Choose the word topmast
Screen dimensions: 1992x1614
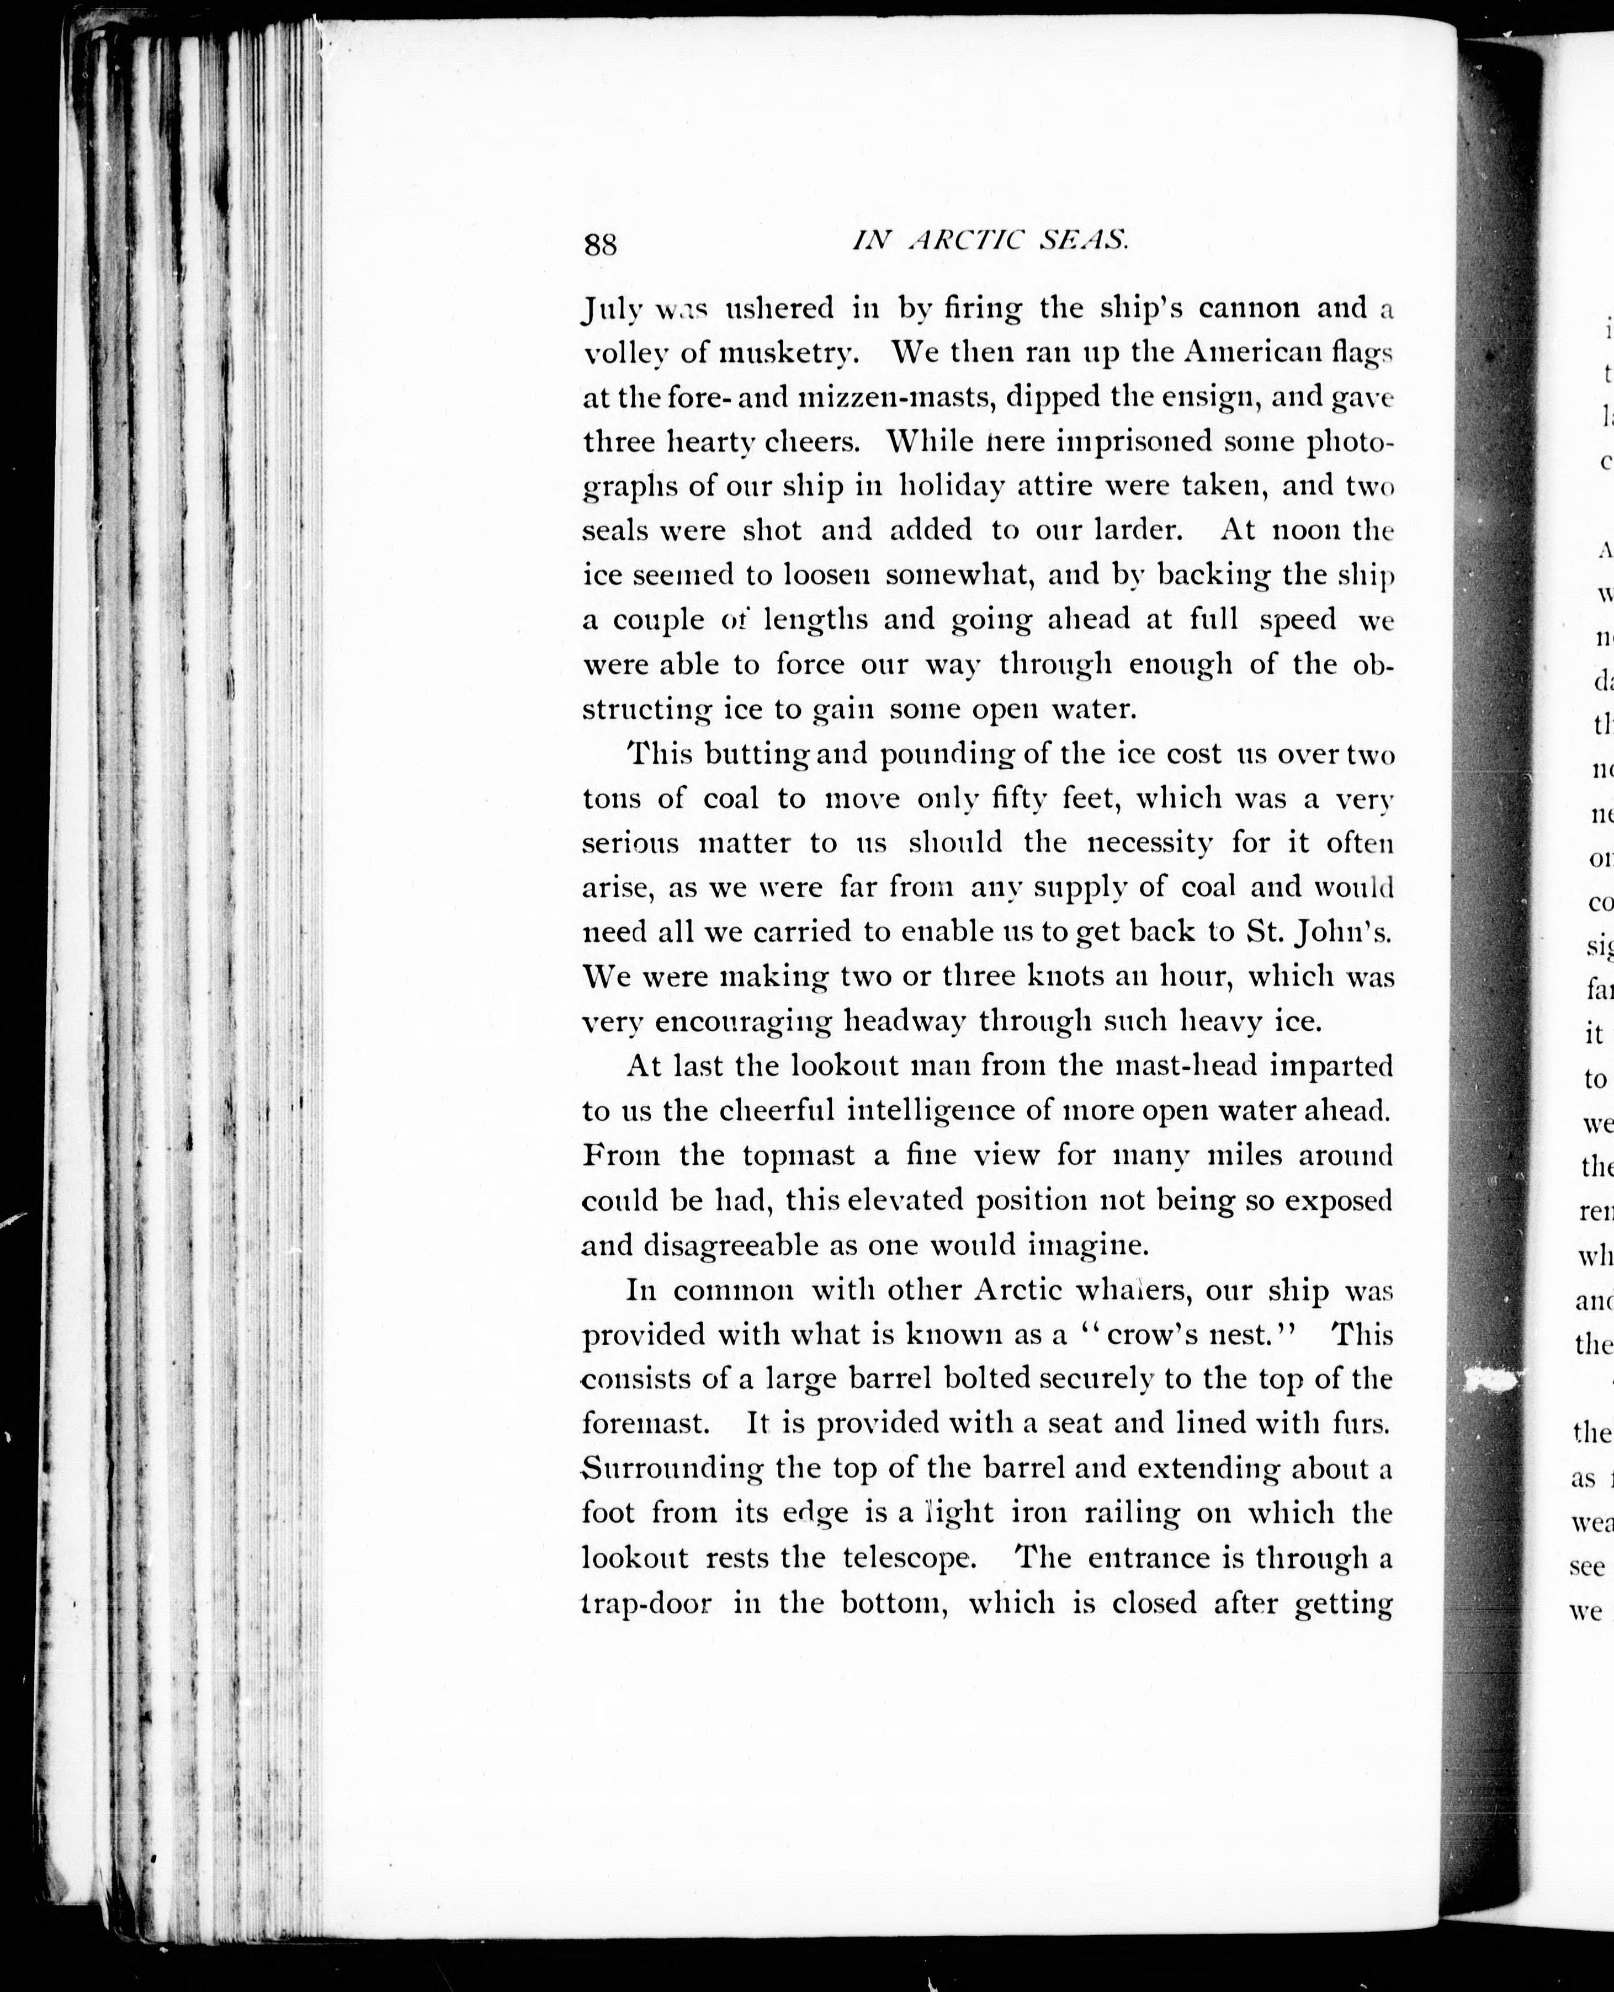tap(799, 1155)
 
